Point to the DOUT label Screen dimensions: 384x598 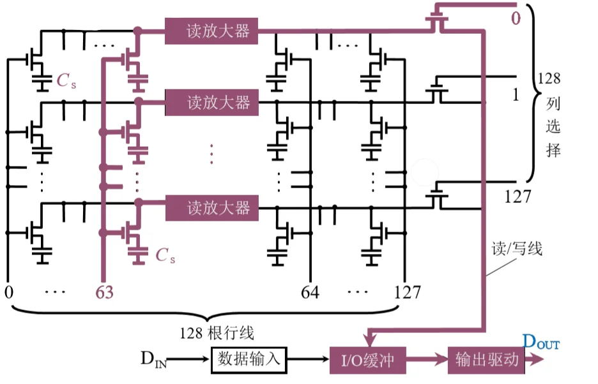[540, 342]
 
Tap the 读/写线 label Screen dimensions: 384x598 [517, 249]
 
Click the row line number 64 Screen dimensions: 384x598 [310, 293]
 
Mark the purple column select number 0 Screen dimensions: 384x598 [515, 18]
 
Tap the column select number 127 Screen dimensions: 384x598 [517, 196]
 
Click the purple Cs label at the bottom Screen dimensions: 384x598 [165, 256]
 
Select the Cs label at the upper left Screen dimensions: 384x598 [66, 81]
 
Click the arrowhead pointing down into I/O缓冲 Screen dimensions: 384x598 [369, 337]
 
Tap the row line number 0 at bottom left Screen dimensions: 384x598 [8, 293]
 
